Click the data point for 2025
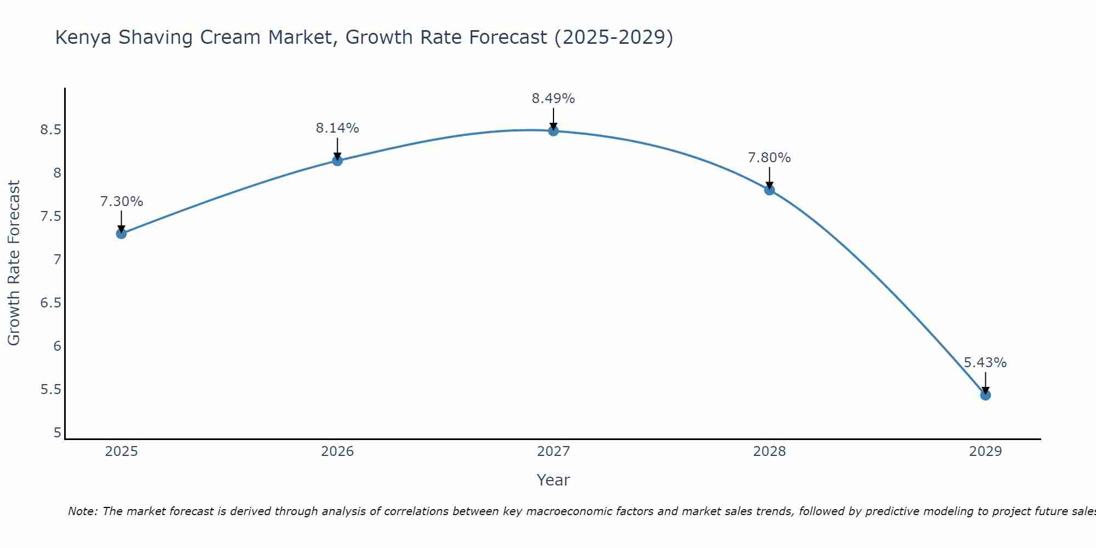(121, 233)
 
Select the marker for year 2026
(338, 161)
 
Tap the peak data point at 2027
(553, 130)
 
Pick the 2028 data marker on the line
(769, 190)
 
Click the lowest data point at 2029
(985, 395)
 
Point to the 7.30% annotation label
(122, 202)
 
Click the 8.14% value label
(338, 128)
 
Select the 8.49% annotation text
(553, 99)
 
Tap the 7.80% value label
(769, 158)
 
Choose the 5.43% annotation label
(985, 363)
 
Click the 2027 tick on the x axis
(553, 452)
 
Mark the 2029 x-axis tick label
(985, 452)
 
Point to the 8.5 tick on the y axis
(50, 130)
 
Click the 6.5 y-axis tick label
(50, 303)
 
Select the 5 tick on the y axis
(58, 433)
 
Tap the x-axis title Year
(553, 480)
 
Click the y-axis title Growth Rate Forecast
(14, 263)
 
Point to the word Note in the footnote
(82, 511)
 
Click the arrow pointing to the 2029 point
(985, 383)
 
